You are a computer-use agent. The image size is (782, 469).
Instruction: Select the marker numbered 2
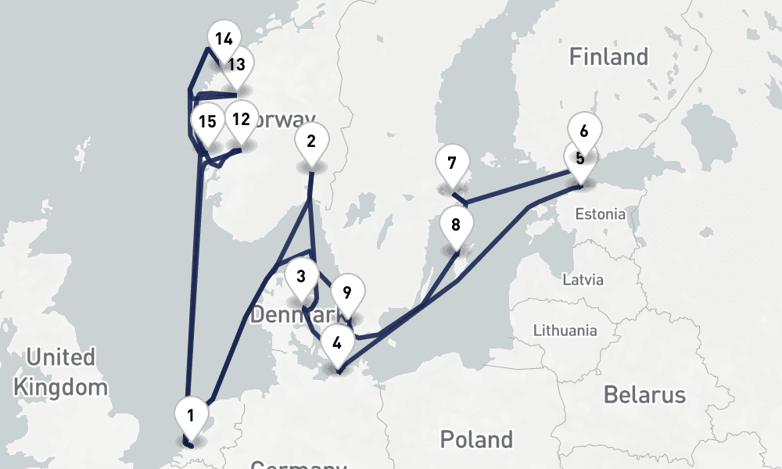[x=311, y=141]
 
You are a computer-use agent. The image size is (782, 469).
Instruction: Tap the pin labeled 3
[x=301, y=277]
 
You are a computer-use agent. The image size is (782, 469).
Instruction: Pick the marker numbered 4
[x=337, y=343]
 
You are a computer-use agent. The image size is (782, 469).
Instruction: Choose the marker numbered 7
[x=452, y=164]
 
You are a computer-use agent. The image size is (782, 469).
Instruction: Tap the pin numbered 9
[x=347, y=295]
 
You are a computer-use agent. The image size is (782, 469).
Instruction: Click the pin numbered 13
[x=237, y=65]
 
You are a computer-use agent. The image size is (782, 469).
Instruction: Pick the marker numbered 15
[x=207, y=123]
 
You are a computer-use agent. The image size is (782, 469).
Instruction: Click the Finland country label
[x=608, y=57]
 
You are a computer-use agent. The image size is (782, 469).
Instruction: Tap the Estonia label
[x=600, y=214]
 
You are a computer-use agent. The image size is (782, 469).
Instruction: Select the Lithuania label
[x=565, y=331]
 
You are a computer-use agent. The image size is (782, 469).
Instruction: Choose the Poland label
[x=476, y=439]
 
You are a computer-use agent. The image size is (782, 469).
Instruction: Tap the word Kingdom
[x=60, y=387]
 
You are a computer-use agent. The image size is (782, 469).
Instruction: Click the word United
[x=60, y=358]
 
